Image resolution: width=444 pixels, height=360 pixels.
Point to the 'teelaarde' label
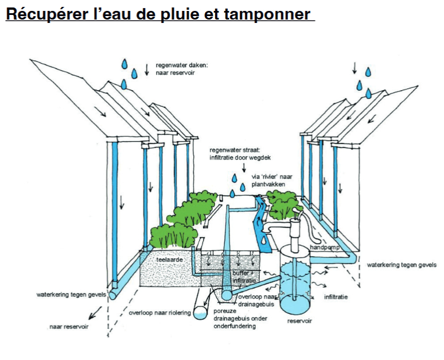point(170,260)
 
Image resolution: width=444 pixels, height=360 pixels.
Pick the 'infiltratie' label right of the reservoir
point(335,297)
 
